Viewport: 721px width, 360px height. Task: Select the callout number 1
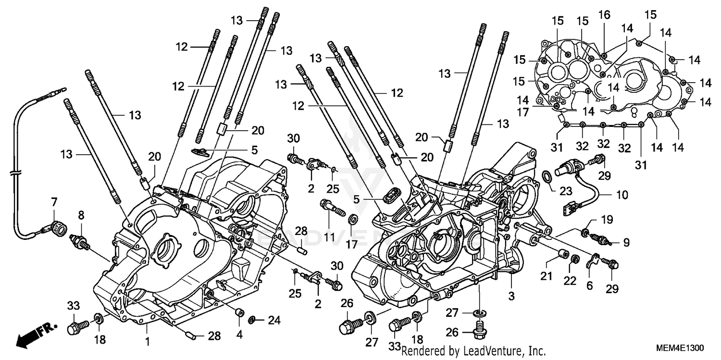coord(148,342)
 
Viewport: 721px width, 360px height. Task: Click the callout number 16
coord(604,15)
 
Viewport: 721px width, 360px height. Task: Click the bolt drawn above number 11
coord(331,208)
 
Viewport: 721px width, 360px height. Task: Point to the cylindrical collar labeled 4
coord(238,313)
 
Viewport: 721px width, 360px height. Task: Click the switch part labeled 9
coord(598,238)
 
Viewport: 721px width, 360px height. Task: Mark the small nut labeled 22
coord(573,261)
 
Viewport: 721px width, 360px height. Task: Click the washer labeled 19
coord(585,233)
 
